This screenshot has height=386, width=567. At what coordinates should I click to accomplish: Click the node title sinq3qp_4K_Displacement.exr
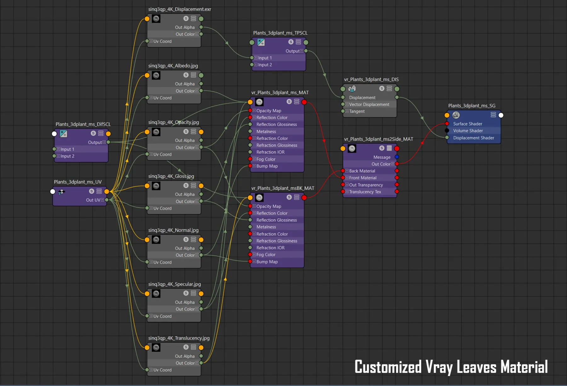pos(180,9)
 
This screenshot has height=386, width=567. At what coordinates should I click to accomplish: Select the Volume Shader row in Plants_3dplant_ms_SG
pos(468,131)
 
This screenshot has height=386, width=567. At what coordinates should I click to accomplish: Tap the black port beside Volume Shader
pos(447,131)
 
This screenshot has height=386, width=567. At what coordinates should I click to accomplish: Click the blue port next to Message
pos(397,157)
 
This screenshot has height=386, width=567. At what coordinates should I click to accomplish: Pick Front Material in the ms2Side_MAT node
pos(363,178)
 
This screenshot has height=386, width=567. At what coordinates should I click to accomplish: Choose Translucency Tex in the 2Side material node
pos(365,192)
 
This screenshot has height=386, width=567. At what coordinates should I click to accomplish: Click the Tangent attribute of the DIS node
pos(357,111)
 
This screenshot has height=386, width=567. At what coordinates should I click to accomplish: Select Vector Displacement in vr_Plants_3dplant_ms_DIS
pos(369,104)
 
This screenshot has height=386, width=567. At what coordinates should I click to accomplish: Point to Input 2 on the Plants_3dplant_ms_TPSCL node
pos(265,65)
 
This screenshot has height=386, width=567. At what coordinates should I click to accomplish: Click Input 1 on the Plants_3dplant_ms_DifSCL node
pos(67,149)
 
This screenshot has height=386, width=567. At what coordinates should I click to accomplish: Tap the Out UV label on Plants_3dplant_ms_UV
pos(93,200)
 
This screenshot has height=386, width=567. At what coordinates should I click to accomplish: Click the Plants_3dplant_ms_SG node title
pos(472,106)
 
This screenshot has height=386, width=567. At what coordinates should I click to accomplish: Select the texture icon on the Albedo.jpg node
pos(156,75)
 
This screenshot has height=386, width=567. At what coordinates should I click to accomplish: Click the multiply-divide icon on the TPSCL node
pos(261,42)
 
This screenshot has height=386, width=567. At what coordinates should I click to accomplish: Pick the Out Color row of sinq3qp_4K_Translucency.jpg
pos(185,363)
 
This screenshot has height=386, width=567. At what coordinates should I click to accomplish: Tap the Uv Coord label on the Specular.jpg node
pos(162,316)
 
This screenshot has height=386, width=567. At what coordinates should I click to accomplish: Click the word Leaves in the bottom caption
pos(476,367)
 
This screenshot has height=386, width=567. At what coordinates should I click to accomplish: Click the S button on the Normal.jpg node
pos(186,239)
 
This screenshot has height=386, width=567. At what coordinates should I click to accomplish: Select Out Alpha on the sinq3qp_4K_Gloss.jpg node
pos(185,194)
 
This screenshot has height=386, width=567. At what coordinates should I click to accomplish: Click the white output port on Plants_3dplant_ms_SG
pos(501,115)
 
